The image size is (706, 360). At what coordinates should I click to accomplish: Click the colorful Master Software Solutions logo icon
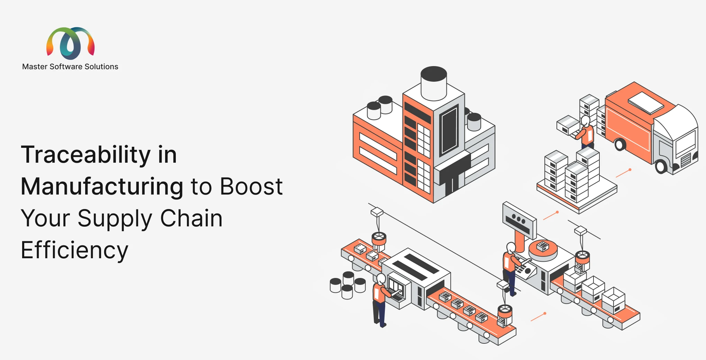click(71, 43)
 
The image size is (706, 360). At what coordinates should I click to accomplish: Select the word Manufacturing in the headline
click(102, 187)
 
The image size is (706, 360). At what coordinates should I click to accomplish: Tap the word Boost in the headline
click(251, 186)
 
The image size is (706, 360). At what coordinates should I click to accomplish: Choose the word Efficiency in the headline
click(74, 250)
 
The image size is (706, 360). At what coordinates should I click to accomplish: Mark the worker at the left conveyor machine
click(381, 300)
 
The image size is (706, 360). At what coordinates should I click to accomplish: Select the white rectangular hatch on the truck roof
click(646, 103)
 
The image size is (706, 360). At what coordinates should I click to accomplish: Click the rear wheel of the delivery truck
click(620, 144)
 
